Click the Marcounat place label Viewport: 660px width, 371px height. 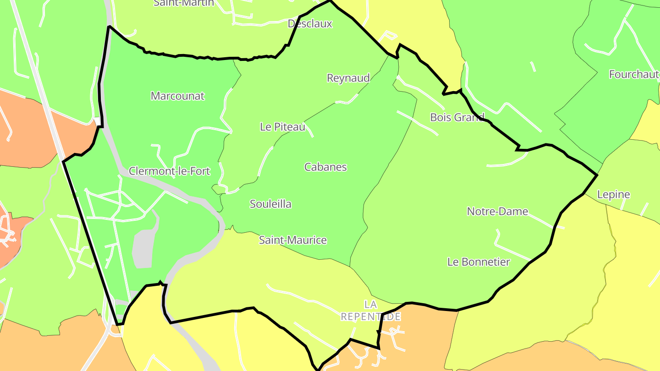(x=177, y=96)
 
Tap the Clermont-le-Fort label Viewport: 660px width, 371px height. (x=169, y=171)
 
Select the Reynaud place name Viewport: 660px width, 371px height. (x=348, y=78)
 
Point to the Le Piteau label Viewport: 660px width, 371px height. (x=282, y=127)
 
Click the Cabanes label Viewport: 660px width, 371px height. (x=325, y=167)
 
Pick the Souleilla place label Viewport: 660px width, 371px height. (x=270, y=204)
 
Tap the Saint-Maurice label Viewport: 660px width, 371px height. (x=293, y=240)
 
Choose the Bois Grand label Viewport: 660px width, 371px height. (x=457, y=117)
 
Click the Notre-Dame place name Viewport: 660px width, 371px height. (x=497, y=212)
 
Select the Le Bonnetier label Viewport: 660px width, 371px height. (x=478, y=262)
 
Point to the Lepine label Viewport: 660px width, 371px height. (x=613, y=195)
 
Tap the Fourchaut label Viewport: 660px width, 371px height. (x=634, y=74)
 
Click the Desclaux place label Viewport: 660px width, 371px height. (x=310, y=24)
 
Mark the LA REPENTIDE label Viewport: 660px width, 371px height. (x=371, y=310)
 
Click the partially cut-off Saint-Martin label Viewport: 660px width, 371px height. (x=184, y=3)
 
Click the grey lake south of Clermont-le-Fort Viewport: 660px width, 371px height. (x=144, y=247)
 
